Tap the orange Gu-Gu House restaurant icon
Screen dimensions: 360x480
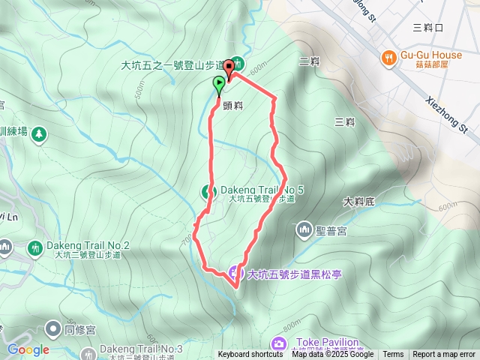[388, 56]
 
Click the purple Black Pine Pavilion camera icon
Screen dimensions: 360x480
[235, 273]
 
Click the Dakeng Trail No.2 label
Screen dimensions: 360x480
[88, 245]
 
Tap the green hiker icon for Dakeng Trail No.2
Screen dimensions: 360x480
[34, 247]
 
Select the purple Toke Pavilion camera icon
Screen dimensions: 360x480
[279, 343]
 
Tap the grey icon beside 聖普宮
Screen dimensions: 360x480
[304, 228]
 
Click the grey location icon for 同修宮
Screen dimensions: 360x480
[52, 328]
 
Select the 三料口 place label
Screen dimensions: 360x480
[429, 28]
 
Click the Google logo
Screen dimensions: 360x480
[28, 349]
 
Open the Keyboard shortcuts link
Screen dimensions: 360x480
[250, 355]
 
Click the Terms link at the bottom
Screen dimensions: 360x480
[393, 355]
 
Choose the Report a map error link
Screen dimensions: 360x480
[444, 355]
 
